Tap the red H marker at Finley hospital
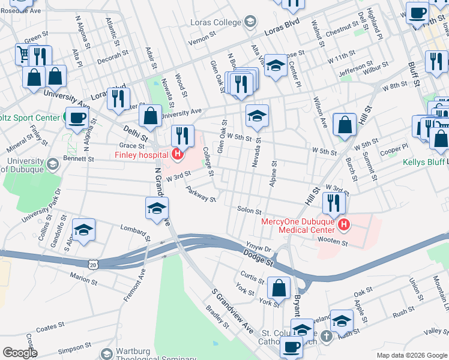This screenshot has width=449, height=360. click(x=177, y=155)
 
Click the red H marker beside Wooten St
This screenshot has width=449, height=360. click(x=344, y=226)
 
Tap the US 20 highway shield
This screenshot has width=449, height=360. click(x=92, y=264)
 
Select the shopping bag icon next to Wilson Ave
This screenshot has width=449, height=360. click(x=345, y=125)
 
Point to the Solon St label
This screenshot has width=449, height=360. click(x=249, y=211)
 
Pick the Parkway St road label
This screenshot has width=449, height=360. click(x=200, y=194)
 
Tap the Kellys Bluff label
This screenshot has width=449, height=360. click(x=426, y=163)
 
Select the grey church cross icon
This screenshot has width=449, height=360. click(x=326, y=336)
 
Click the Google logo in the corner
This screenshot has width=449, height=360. click(x=19, y=353)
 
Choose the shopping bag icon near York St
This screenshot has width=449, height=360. click(x=279, y=287)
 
